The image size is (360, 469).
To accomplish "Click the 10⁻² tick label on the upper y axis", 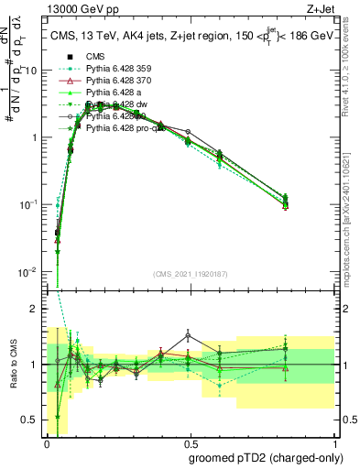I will coord(29,271).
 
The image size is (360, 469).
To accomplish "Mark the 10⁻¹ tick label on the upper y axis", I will coord(29,204).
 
